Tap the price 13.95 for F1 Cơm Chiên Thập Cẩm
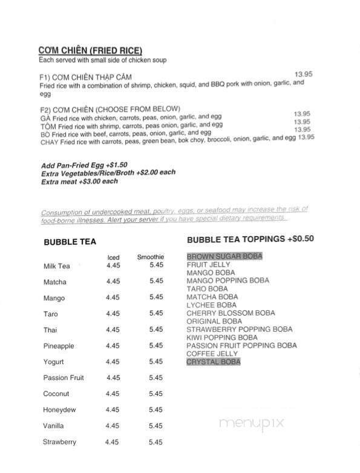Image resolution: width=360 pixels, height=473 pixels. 303,74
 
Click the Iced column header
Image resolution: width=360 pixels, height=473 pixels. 113,256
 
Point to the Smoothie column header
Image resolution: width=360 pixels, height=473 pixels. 151,256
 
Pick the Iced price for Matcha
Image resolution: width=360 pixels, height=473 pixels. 113,282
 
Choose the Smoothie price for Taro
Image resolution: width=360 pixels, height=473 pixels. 156,314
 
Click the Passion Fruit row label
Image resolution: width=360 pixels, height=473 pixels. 64,377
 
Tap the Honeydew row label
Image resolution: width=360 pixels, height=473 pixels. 59,409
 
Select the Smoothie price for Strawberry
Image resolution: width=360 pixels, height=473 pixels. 156,442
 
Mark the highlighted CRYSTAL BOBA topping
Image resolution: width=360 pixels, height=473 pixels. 214,362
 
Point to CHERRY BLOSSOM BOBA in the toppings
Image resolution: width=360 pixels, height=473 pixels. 231,313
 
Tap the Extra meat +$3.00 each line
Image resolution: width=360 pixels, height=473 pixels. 80,180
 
